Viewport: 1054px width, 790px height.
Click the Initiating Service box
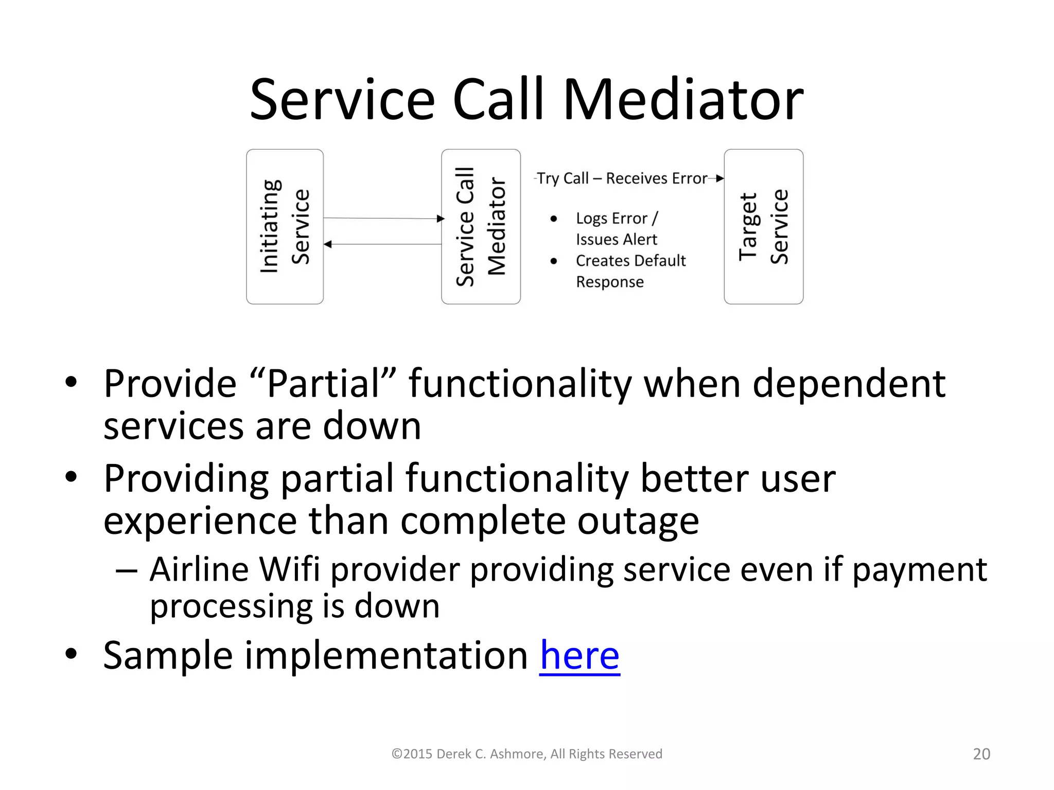pos(285,226)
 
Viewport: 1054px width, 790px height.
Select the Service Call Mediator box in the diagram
pos(481,226)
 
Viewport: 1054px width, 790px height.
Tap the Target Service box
pos(763,226)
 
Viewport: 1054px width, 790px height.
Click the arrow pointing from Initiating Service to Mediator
pos(383,218)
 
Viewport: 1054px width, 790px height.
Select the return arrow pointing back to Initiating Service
pos(383,244)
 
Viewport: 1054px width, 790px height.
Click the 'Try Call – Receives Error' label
pos(622,178)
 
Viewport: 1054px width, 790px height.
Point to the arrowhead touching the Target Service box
pos(720,178)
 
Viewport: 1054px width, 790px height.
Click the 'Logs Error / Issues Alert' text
pos(617,229)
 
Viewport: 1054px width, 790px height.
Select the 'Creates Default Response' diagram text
pos(630,271)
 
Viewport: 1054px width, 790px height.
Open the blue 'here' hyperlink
pos(579,656)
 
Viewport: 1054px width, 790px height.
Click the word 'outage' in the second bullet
pos(638,521)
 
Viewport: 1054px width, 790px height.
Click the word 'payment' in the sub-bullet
pos(919,570)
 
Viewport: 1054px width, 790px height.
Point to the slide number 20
pos(981,754)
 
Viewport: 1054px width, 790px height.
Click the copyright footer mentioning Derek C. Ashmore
pos(526,754)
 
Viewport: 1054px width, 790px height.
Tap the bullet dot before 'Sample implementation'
pos(71,654)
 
